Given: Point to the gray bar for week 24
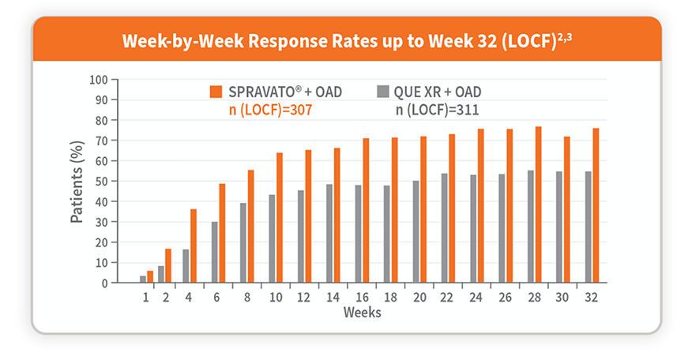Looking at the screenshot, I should click(x=473, y=228).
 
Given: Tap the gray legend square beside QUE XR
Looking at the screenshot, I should click(x=385, y=92).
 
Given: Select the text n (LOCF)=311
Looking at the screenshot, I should click(x=437, y=110).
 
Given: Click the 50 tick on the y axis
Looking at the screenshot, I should click(x=101, y=181).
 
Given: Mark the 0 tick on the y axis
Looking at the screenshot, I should click(x=104, y=283).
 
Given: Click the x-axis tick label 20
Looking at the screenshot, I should click(x=418, y=297).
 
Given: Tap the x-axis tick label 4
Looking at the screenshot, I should click(x=189, y=297).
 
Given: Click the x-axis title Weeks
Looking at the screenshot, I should click(x=363, y=313).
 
